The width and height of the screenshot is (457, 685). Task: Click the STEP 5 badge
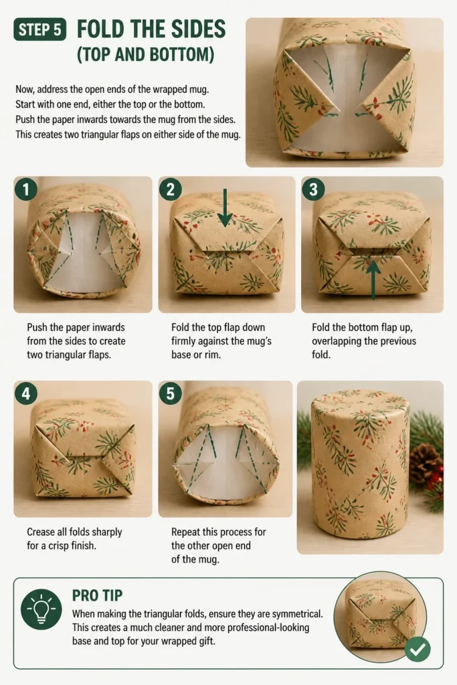[x=39, y=29]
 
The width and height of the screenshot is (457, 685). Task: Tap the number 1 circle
[x=26, y=189]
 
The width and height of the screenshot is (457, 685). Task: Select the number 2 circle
[x=171, y=189]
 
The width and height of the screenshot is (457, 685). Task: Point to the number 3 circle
[x=313, y=189]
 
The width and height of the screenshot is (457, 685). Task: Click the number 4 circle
[x=26, y=393]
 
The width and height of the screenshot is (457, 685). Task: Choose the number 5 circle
[x=171, y=393]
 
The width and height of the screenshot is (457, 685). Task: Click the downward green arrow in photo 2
[x=225, y=207]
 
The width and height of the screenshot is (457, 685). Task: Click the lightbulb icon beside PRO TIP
[x=41, y=609]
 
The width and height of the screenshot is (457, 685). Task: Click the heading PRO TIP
[x=98, y=595]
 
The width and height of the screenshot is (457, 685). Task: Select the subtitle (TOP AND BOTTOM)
[x=145, y=55]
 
